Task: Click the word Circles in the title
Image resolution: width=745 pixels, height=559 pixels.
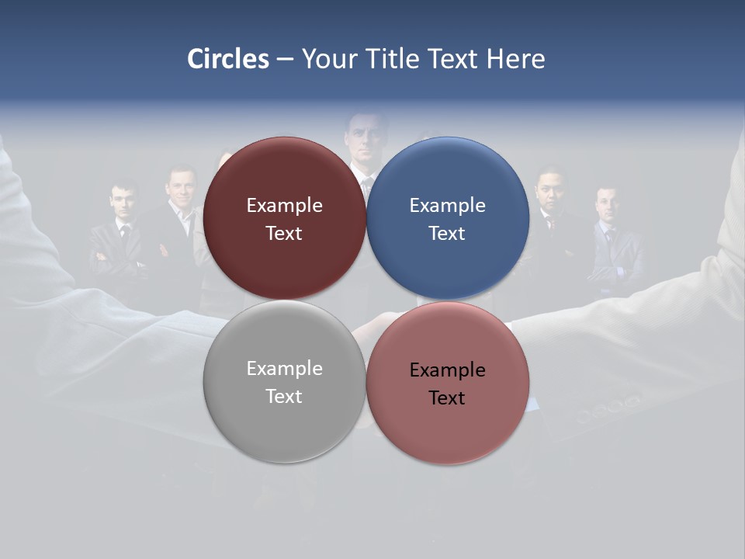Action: (x=227, y=59)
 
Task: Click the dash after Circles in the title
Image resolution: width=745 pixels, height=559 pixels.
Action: (x=284, y=60)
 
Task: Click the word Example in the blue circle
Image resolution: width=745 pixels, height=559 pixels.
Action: (x=447, y=206)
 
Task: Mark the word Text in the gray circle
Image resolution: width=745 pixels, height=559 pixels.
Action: (x=284, y=396)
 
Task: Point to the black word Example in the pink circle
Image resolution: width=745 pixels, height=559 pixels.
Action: (x=447, y=370)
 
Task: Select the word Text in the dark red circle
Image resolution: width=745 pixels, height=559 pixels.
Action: (x=284, y=233)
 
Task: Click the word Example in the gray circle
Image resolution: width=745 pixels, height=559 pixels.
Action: (x=284, y=369)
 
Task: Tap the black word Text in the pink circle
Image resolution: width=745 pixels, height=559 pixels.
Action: (x=447, y=398)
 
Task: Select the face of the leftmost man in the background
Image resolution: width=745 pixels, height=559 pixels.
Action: (x=123, y=201)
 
